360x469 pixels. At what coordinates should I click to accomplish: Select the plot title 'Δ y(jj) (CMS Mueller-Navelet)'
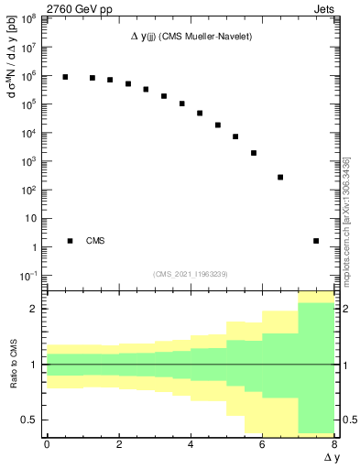pos(191,36)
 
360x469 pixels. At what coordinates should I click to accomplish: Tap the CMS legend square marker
pos(70,241)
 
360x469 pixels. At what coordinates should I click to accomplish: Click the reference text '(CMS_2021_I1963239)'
pos(191,274)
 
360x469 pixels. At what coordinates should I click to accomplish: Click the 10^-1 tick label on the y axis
pos(28,276)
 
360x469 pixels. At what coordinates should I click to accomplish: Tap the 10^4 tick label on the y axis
pos(28,133)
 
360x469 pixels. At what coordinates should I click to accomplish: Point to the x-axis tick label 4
pos(191,446)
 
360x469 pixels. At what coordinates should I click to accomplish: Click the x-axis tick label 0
pos(47,446)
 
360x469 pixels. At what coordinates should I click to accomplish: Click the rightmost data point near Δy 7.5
pos(316,241)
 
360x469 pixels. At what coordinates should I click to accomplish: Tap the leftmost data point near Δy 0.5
pos(65,77)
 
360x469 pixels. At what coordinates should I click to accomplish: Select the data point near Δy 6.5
pos(280,177)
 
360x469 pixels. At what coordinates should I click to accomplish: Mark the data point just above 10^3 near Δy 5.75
pos(254,153)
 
